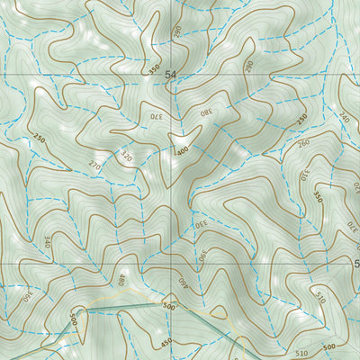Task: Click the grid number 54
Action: tap(171, 78)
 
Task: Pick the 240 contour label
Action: tap(343, 115)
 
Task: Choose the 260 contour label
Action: tap(301, 142)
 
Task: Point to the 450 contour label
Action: tap(165, 342)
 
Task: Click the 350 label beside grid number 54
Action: tap(154, 68)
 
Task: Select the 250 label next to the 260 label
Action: tap(302, 119)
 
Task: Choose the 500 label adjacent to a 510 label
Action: tap(329, 347)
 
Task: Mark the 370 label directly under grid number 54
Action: tap(157, 115)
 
